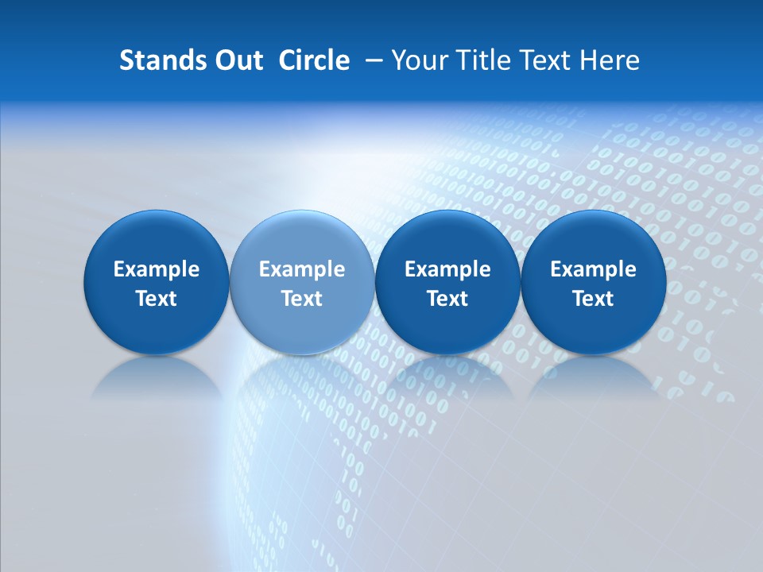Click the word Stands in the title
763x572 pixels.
tap(156, 60)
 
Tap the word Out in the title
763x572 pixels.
tap(236, 60)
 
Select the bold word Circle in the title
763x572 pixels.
tap(314, 60)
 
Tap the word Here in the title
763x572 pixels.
tap(610, 60)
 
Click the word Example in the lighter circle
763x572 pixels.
tap(302, 269)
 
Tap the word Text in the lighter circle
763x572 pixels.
tap(302, 299)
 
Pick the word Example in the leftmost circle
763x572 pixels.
tap(157, 269)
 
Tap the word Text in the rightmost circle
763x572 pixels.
tap(594, 299)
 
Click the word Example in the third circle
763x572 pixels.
tap(447, 269)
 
